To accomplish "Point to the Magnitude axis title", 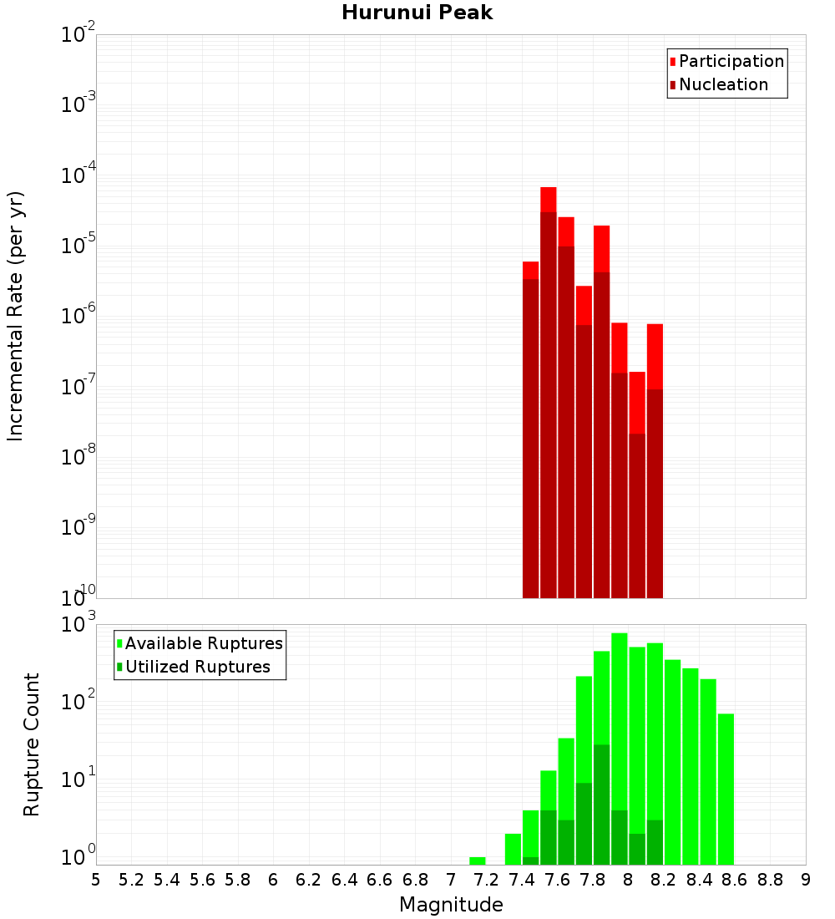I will [x=451, y=905].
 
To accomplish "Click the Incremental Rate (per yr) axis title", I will [x=16, y=316].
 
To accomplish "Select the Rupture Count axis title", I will [x=32, y=744].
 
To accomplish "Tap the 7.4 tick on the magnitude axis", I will [x=522, y=880].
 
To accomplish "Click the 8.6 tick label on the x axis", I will [x=735, y=880].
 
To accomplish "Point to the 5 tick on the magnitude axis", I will [x=96, y=880].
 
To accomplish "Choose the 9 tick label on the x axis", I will [x=806, y=880].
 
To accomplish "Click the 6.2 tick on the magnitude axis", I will [x=309, y=880].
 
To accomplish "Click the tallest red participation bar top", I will [x=549, y=189].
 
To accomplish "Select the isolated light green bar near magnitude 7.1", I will [x=478, y=861].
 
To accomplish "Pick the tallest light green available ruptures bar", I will [x=620, y=635].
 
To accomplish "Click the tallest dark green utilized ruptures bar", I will [x=602, y=746].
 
